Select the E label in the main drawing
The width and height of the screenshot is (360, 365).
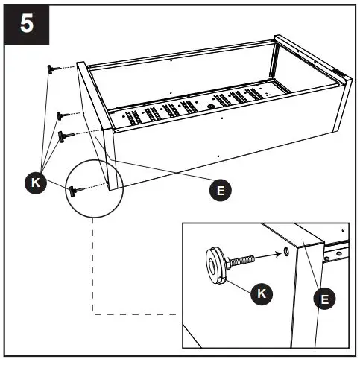point(219,190)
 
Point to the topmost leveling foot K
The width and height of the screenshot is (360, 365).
point(53,69)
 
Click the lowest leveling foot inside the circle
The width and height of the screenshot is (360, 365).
point(75,191)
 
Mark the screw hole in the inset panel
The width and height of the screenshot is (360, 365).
point(287,252)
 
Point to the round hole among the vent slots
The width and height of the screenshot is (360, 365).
point(211,106)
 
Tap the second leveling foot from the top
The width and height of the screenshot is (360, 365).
point(60,115)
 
